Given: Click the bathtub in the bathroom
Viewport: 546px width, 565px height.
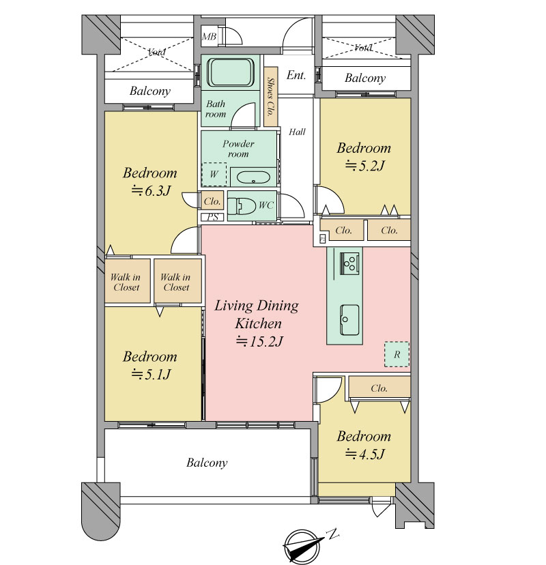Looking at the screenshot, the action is point(231,72).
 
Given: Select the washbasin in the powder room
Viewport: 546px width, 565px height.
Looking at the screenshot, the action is point(253,177).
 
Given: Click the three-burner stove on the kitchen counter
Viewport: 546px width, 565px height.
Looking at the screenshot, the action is point(349,263).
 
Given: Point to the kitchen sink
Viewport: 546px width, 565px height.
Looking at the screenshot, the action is point(349,319).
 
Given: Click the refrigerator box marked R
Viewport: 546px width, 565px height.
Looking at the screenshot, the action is point(397,354).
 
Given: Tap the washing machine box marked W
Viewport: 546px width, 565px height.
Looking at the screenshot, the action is point(214,175).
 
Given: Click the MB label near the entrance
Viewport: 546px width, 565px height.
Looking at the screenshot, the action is point(209,36).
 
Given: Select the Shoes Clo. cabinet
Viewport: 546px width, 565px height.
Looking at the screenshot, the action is point(271,97).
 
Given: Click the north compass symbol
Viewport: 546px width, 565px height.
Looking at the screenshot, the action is point(304,548).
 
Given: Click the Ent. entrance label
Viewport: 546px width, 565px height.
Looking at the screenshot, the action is point(296,75).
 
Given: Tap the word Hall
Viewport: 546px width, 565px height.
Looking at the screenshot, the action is point(297,132).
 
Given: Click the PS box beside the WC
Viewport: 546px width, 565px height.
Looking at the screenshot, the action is point(213,217).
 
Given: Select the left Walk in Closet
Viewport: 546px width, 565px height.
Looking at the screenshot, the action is point(128,281).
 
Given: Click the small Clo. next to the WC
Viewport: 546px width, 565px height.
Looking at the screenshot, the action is point(212,201).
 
